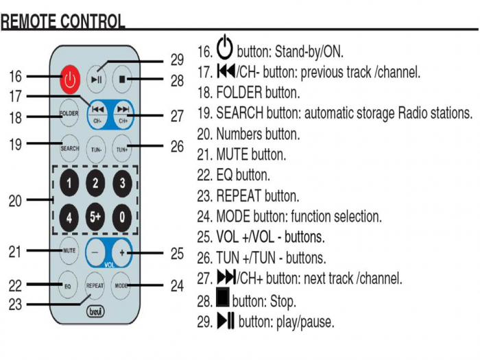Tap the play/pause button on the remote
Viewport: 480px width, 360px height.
[97, 80]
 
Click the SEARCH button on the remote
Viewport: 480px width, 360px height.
[69, 147]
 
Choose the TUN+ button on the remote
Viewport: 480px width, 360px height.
[122, 147]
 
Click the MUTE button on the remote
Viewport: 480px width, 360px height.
[69, 250]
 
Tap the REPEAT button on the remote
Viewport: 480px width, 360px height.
[95, 285]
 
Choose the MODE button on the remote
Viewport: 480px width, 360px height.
[122, 285]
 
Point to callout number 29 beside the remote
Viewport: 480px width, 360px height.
[178, 60]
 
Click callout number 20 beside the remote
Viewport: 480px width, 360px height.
[16, 201]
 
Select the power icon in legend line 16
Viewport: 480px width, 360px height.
[225, 49]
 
